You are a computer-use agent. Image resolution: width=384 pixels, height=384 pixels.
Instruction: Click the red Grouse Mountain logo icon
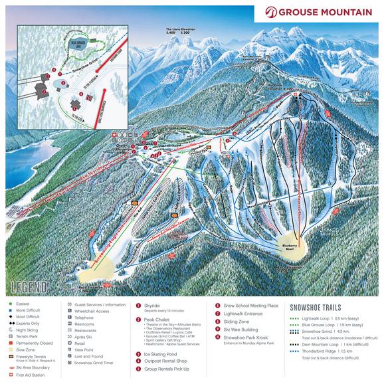point(270,12)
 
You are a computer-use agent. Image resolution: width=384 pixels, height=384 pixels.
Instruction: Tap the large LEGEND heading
point(29,288)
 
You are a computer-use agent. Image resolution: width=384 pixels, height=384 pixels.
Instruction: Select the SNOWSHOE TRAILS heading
point(315,308)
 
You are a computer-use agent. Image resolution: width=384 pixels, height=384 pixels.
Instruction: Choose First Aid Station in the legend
point(31,375)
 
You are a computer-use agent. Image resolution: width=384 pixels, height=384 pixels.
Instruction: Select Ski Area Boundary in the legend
point(35,367)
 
